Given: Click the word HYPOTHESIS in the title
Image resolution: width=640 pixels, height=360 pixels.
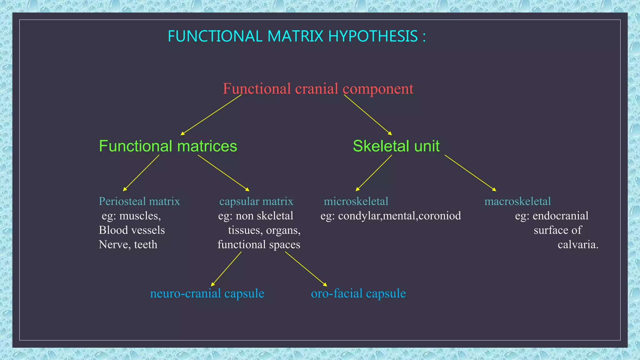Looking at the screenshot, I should [373, 36].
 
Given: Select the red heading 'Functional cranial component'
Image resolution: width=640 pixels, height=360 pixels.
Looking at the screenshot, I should [318, 89].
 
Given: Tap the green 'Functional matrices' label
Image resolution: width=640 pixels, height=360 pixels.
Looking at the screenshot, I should [168, 146].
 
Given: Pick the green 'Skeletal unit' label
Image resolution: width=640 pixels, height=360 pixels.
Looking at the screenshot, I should [396, 146].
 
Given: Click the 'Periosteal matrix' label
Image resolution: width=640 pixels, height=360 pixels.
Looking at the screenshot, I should [139, 201].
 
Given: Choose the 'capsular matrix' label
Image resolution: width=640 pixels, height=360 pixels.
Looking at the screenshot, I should [256, 201].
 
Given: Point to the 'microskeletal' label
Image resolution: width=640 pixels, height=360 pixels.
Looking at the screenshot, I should [356, 201].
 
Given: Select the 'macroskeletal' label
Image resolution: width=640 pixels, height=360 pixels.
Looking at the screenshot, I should [517, 201].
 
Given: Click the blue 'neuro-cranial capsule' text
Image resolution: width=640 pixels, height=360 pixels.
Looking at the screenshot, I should [207, 293].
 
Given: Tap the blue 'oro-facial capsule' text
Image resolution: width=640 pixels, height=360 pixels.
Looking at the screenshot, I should [358, 293].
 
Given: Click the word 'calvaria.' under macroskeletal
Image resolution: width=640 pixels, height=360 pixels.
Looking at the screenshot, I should [578, 244].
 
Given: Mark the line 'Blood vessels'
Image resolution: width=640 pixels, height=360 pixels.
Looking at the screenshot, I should [132, 230].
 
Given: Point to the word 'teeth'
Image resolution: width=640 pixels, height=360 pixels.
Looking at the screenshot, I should [146, 244].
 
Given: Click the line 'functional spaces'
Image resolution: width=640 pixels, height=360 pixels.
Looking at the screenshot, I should [259, 244].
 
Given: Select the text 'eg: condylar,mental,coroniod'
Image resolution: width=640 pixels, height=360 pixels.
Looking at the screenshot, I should [391, 216].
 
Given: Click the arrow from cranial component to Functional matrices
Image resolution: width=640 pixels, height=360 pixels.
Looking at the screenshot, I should [211, 115].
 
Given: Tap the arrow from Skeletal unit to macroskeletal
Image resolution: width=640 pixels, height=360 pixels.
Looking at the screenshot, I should [470, 173].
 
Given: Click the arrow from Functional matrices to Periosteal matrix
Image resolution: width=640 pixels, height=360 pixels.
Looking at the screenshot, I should [141, 173].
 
